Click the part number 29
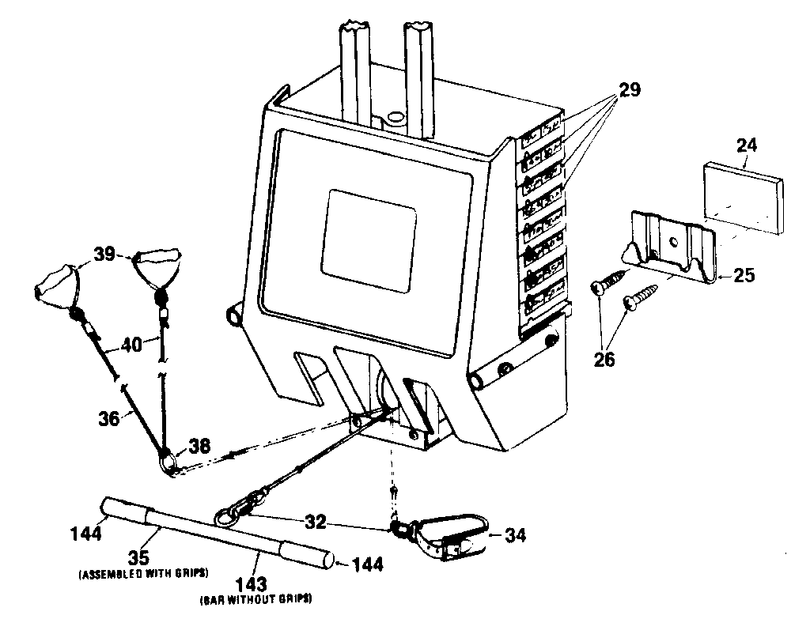point(629,90)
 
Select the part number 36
point(109,419)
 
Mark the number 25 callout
point(744,276)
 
